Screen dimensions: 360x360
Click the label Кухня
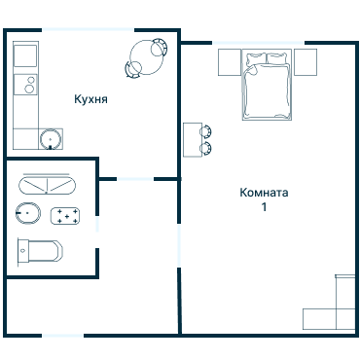[x=90, y=99]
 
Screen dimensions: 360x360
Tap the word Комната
[x=264, y=193]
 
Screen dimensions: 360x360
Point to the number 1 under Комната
[x=265, y=206]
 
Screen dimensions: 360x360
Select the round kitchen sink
[x=51, y=139]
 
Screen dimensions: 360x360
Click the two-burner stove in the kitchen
[x=25, y=85]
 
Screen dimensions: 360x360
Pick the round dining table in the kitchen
[x=146, y=57]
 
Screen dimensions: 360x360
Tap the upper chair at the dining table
[x=160, y=48]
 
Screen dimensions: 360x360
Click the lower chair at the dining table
[x=133, y=69]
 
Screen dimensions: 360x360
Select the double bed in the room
[x=267, y=85]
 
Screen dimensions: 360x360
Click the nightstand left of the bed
[x=230, y=62]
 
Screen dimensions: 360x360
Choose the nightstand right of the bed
[x=306, y=62]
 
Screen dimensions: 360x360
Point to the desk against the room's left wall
[x=193, y=140]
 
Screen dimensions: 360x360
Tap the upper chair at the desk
[x=205, y=131]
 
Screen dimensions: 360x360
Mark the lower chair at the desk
[x=205, y=148]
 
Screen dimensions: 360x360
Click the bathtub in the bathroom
[x=47, y=186]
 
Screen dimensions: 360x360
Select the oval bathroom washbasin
[x=28, y=213]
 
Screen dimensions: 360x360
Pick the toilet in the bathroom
[x=40, y=251]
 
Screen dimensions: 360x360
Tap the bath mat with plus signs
[x=65, y=216]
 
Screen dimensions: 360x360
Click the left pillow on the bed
[x=256, y=58]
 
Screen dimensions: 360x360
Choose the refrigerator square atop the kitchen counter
[x=25, y=55]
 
